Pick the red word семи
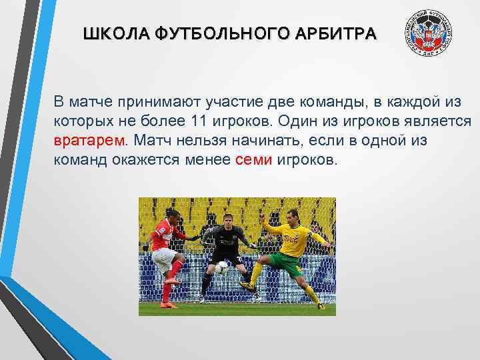(254, 160)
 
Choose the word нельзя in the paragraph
(201, 141)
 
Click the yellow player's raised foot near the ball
(245, 285)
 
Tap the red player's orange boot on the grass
(168, 305)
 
